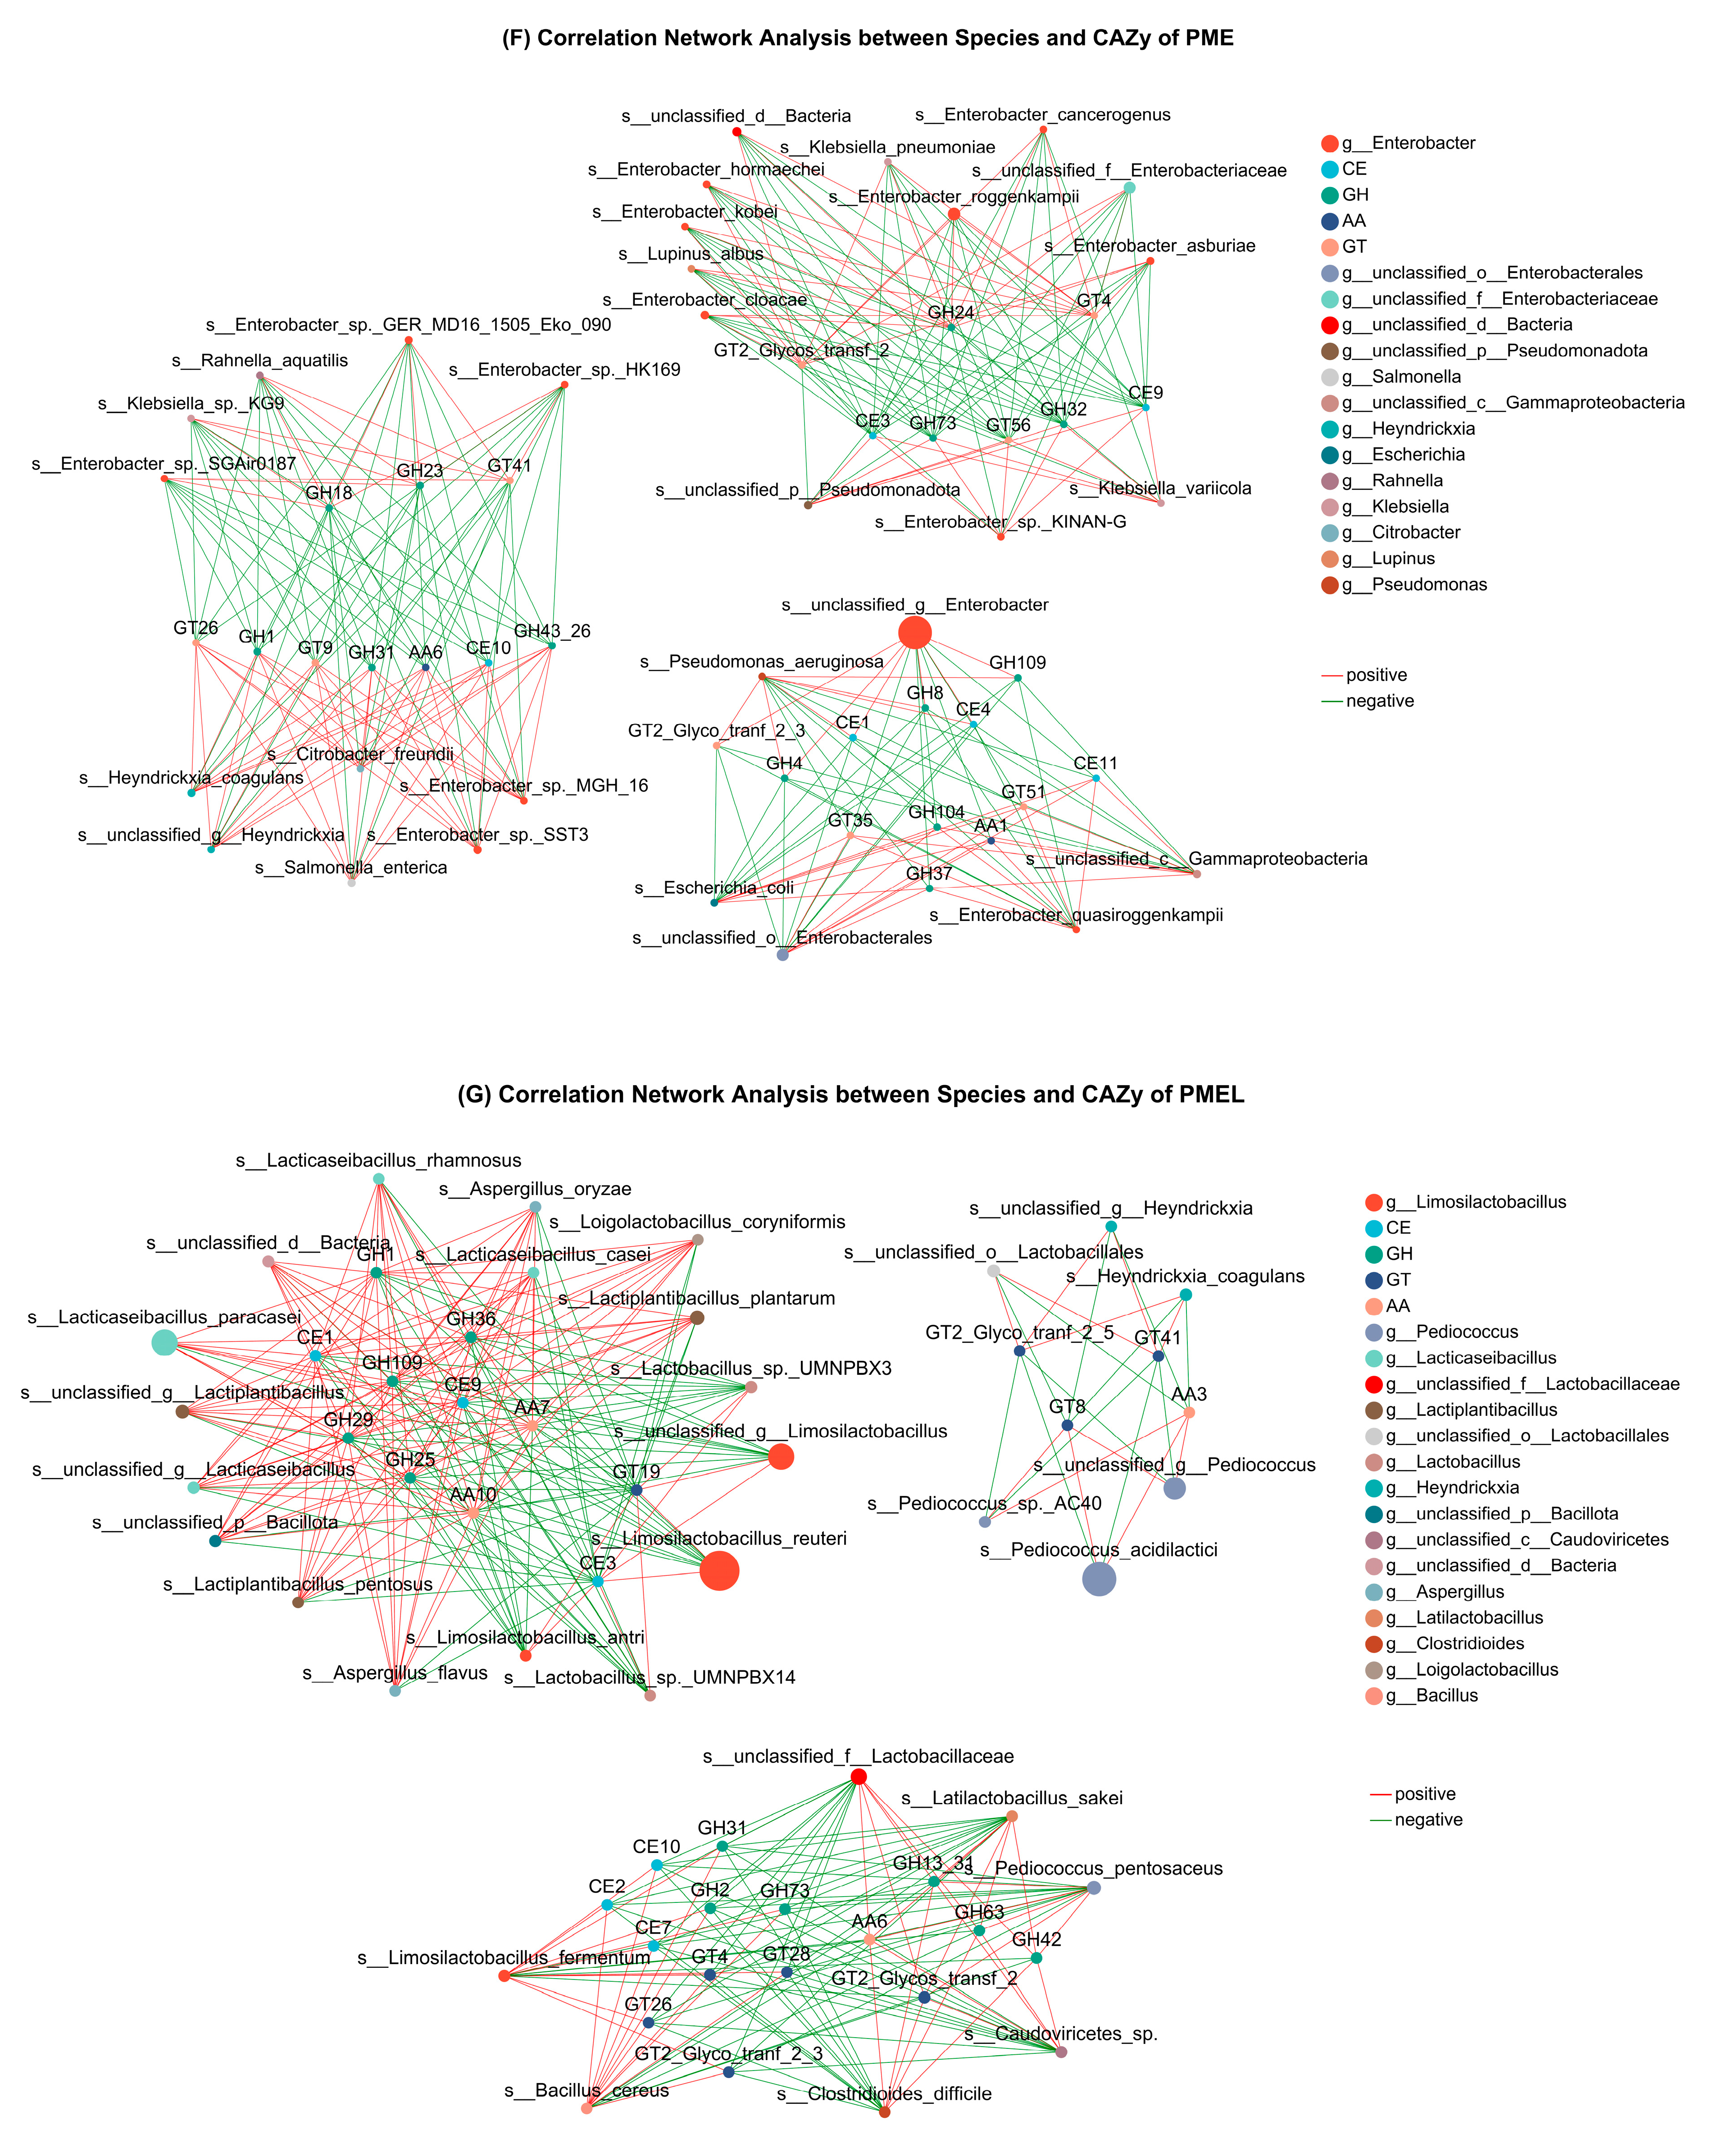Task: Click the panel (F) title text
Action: (x=868, y=39)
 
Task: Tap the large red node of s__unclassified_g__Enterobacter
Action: (x=915, y=632)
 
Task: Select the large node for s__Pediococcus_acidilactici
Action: (x=1099, y=1579)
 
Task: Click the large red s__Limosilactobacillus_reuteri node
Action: (x=719, y=1570)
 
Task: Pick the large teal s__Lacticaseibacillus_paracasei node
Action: (x=164, y=1341)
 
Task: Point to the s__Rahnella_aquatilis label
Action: (x=260, y=360)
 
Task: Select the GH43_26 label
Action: (x=552, y=630)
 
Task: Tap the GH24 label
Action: (x=950, y=312)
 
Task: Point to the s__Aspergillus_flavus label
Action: (x=395, y=1673)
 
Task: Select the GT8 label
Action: (x=1067, y=1406)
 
